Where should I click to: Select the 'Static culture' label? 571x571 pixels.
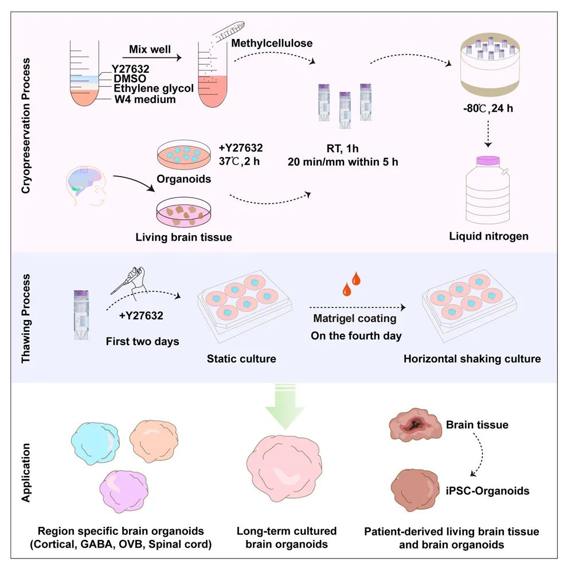click(x=241, y=359)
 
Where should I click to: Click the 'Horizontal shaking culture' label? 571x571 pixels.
click(x=471, y=359)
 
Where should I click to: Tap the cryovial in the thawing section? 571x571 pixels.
click(x=80, y=316)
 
